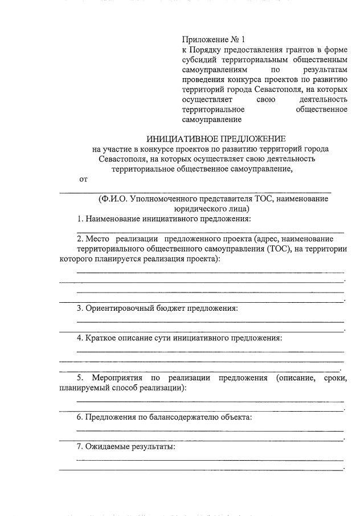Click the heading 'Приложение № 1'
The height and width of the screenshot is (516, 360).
(212, 40)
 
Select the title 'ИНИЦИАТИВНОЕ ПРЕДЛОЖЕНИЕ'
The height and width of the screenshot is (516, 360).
(216, 139)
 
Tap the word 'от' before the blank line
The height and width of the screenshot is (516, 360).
(83, 179)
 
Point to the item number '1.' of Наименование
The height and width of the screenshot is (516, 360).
(81, 218)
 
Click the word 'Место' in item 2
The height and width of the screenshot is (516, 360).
(99, 239)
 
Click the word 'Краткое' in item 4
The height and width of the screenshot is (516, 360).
(101, 338)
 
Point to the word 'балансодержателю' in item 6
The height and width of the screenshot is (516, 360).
(184, 417)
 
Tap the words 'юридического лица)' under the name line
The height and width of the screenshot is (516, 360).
(193, 209)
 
